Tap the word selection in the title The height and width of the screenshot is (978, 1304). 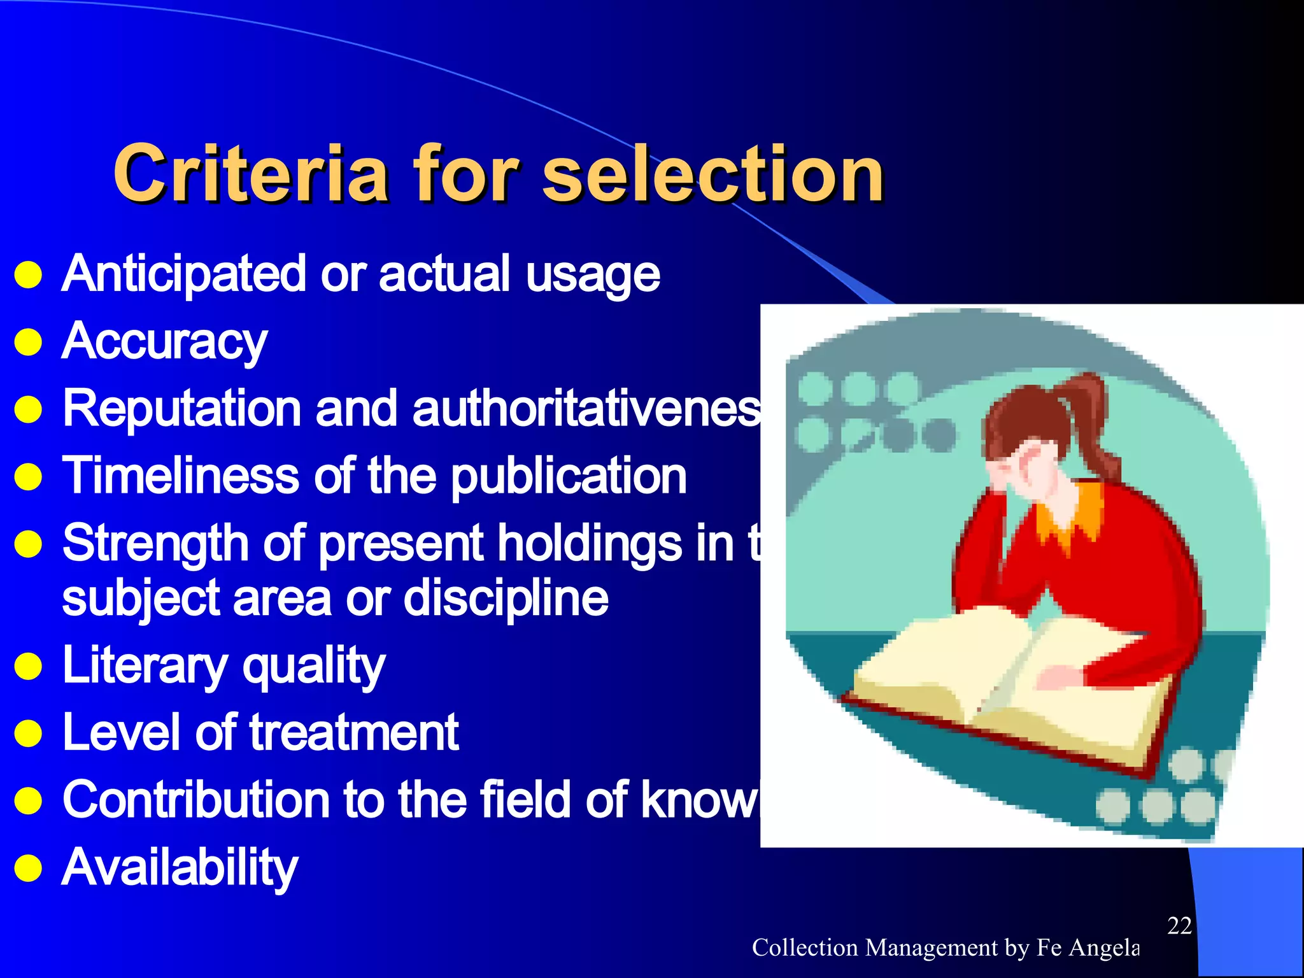pos(713,173)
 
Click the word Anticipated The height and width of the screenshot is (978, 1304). pos(184,274)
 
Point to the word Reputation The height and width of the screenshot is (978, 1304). pos(181,409)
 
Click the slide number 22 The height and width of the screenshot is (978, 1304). pos(1179,926)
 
